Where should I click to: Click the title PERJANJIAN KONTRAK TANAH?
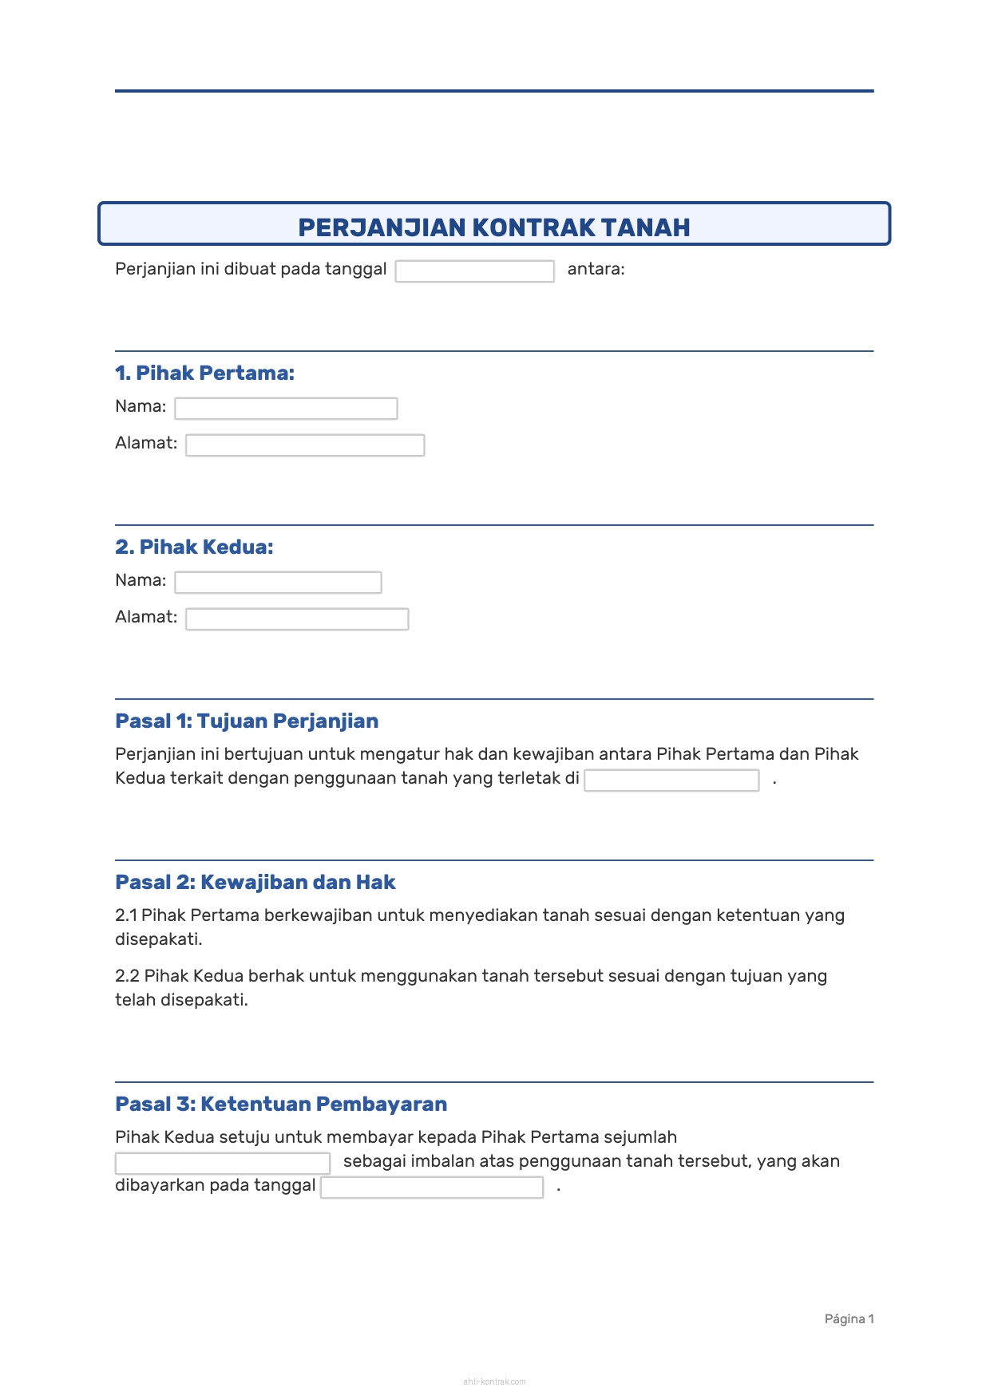click(x=493, y=227)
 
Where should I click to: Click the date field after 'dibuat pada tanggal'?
click(x=474, y=271)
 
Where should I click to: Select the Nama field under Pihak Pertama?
click(x=286, y=409)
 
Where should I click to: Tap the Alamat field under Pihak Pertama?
click(x=305, y=445)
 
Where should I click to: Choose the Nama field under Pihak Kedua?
click(x=278, y=583)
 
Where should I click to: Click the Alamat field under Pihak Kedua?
click(x=297, y=619)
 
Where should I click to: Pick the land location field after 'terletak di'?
click(x=671, y=781)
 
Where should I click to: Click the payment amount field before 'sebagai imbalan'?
click(x=223, y=1164)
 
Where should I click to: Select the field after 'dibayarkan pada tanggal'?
click(x=432, y=1188)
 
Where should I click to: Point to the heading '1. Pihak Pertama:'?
click(x=204, y=373)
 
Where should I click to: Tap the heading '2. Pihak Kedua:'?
click(x=194, y=547)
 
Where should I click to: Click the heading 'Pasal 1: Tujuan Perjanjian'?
click(x=247, y=721)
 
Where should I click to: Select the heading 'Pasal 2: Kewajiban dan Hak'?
click(x=255, y=882)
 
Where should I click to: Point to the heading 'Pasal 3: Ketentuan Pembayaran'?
click(x=281, y=1104)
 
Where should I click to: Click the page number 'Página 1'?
click(x=849, y=1319)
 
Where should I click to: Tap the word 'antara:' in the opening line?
click(x=596, y=269)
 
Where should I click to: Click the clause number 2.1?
click(x=126, y=915)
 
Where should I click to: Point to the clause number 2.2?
click(x=127, y=976)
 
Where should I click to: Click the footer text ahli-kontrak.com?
click(x=494, y=1381)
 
